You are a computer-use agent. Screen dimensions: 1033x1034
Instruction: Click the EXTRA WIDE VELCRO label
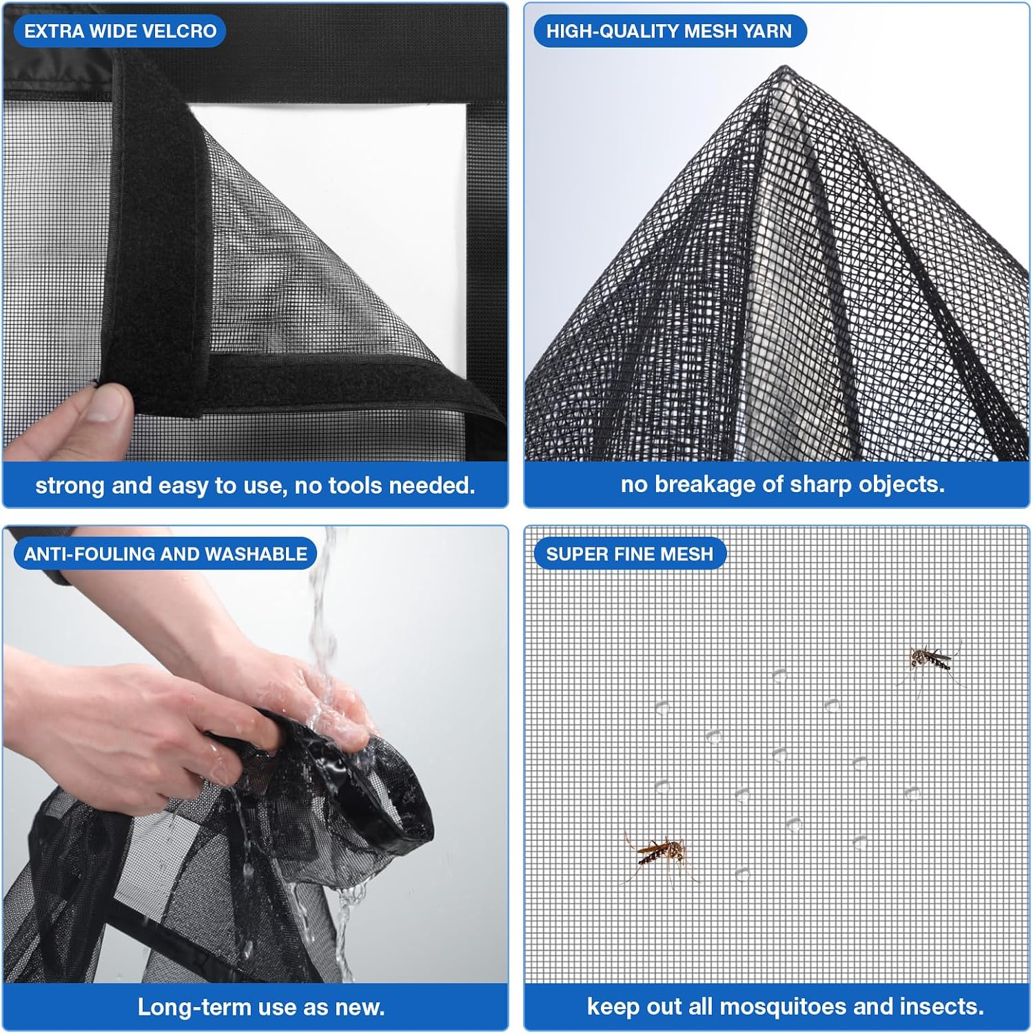tap(120, 31)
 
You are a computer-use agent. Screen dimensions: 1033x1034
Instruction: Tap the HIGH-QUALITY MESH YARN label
tap(669, 31)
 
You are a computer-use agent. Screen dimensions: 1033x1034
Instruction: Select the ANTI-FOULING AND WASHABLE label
tap(165, 554)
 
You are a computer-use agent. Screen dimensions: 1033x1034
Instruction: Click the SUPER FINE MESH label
tap(630, 554)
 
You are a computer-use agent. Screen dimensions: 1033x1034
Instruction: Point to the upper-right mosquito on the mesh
tap(930, 663)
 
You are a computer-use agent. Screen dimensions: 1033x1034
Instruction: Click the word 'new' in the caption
tap(358, 1008)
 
